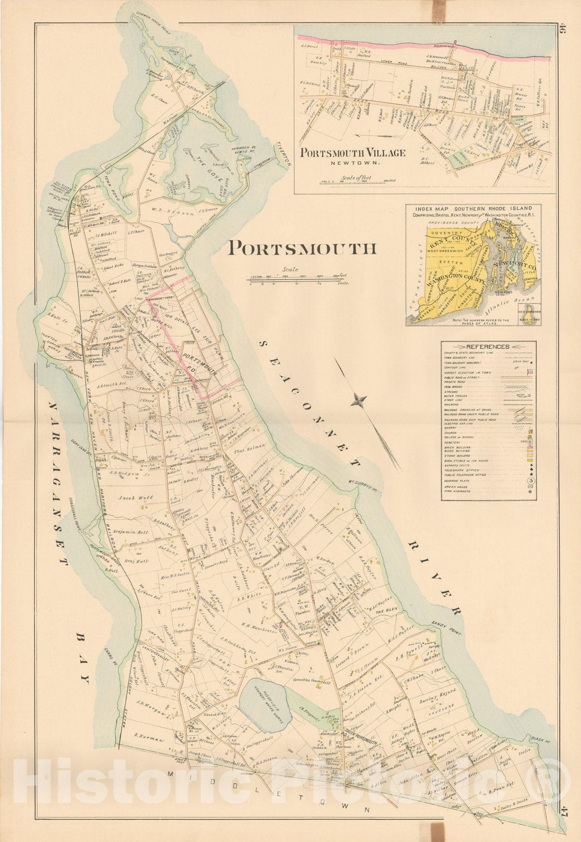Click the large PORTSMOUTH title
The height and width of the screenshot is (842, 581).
(303, 248)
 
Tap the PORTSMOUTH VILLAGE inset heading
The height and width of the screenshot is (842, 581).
(353, 153)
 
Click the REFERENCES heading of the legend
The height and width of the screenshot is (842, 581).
(488, 347)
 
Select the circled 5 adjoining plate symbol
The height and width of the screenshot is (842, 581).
(530, 480)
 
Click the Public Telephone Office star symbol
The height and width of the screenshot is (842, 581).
(530, 474)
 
